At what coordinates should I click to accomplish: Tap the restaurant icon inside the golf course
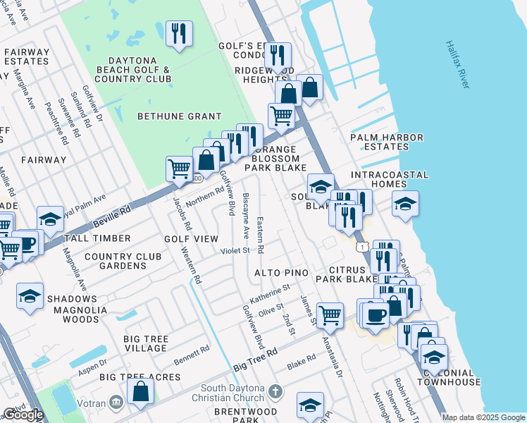click(x=179, y=33)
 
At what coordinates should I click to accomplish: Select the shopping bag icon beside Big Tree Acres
click(x=141, y=393)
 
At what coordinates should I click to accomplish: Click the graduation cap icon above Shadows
click(x=30, y=296)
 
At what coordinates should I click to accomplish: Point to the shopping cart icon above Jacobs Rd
click(x=180, y=169)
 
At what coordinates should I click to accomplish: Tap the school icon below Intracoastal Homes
click(x=405, y=204)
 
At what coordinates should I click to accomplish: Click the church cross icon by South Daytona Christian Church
click(x=275, y=391)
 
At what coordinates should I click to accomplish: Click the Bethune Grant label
click(x=179, y=116)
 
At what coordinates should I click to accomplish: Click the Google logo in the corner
click(x=23, y=415)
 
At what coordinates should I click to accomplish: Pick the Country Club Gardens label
click(x=115, y=261)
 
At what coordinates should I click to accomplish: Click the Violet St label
click(x=235, y=250)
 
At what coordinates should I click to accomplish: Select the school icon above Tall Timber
click(x=51, y=220)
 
